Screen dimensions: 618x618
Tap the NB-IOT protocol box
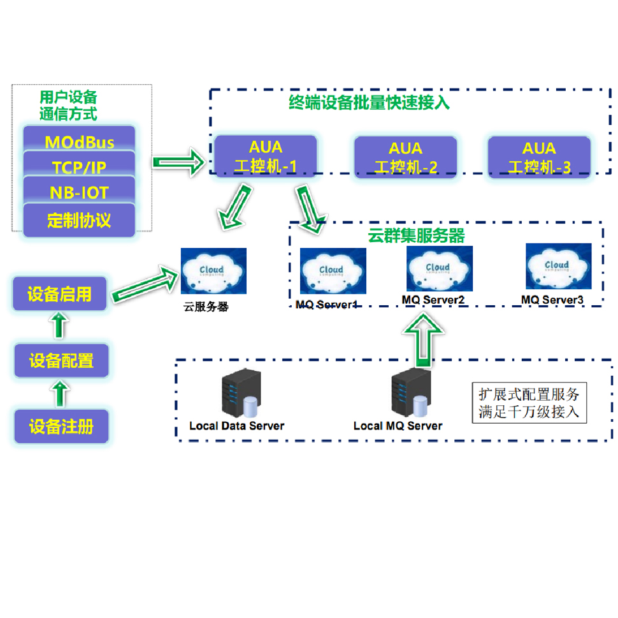click(79, 191)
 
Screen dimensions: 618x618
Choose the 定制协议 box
click(79, 220)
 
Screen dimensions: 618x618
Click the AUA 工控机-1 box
click(265, 157)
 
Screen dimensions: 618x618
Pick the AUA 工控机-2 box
click(405, 157)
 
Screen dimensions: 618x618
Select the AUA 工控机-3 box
click(539, 157)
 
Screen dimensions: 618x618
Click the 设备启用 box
click(60, 294)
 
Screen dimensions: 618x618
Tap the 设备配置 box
click(61, 361)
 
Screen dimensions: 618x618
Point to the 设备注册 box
click(61, 426)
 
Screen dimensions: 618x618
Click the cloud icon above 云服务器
click(213, 271)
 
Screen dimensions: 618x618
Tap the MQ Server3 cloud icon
click(558, 266)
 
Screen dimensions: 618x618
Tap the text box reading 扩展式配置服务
click(529, 402)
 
